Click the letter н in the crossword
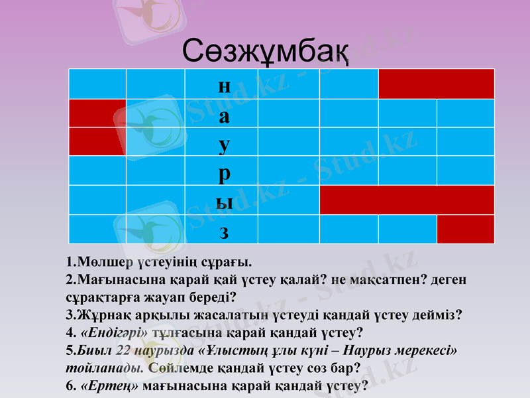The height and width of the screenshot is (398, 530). [x=225, y=86]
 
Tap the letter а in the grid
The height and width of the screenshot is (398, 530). [x=225, y=117]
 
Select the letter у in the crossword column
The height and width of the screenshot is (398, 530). [x=225, y=143]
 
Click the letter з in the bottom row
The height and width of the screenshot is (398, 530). [x=225, y=232]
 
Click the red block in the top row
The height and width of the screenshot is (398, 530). [x=436, y=84]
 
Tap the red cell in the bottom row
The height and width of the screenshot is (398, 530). [x=465, y=230]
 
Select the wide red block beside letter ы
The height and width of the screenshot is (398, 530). [x=407, y=200]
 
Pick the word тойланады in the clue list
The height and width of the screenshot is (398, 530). [x=107, y=367]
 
